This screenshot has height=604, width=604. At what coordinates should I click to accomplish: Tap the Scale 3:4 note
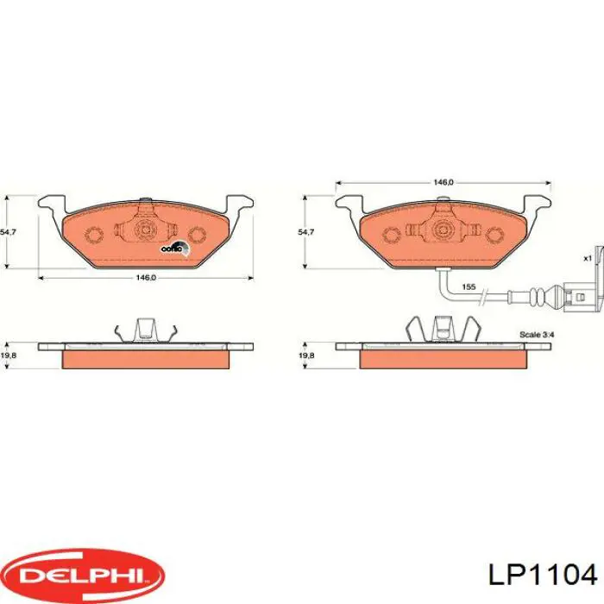pyautogui.click(x=537, y=333)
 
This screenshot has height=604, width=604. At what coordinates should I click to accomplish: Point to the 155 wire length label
pyautogui.click(x=468, y=286)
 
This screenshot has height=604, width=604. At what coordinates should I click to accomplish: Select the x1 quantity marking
pyautogui.click(x=587, y=258)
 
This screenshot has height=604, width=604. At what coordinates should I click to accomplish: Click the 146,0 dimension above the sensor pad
pyautogui.click(x=443, y=183)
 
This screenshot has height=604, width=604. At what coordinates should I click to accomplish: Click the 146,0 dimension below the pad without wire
pyautogui.click(x=146, y=278)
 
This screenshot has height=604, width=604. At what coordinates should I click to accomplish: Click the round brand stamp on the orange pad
pyautogui.click(x=173, y=248)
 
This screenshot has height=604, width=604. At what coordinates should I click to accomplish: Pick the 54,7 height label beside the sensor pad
pyautogui.click(x=305, y=232)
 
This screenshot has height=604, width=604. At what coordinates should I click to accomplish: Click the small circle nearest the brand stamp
pyautogui.click(x=198, y=235)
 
